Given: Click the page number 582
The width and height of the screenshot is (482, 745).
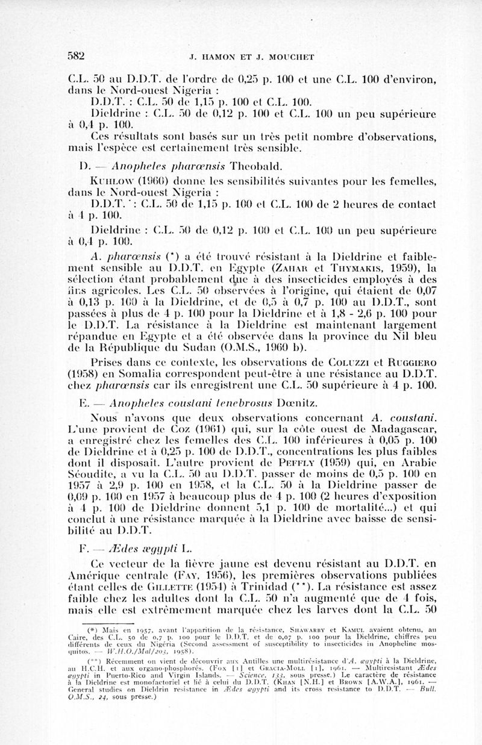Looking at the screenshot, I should pyautogui.click(x=76, y=57).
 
